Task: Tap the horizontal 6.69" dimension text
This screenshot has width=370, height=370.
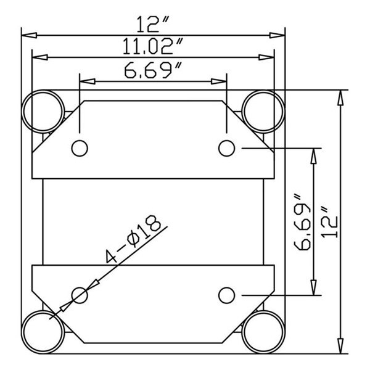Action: [153, 72]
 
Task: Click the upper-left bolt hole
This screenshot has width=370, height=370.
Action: [80, 148]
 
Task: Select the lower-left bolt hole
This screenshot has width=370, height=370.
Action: [80, 295]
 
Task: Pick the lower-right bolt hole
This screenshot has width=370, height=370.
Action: [227, 295]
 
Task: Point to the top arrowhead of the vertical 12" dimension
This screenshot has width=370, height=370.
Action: [339, 96]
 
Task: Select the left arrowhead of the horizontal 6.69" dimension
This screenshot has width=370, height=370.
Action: [86, 80]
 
